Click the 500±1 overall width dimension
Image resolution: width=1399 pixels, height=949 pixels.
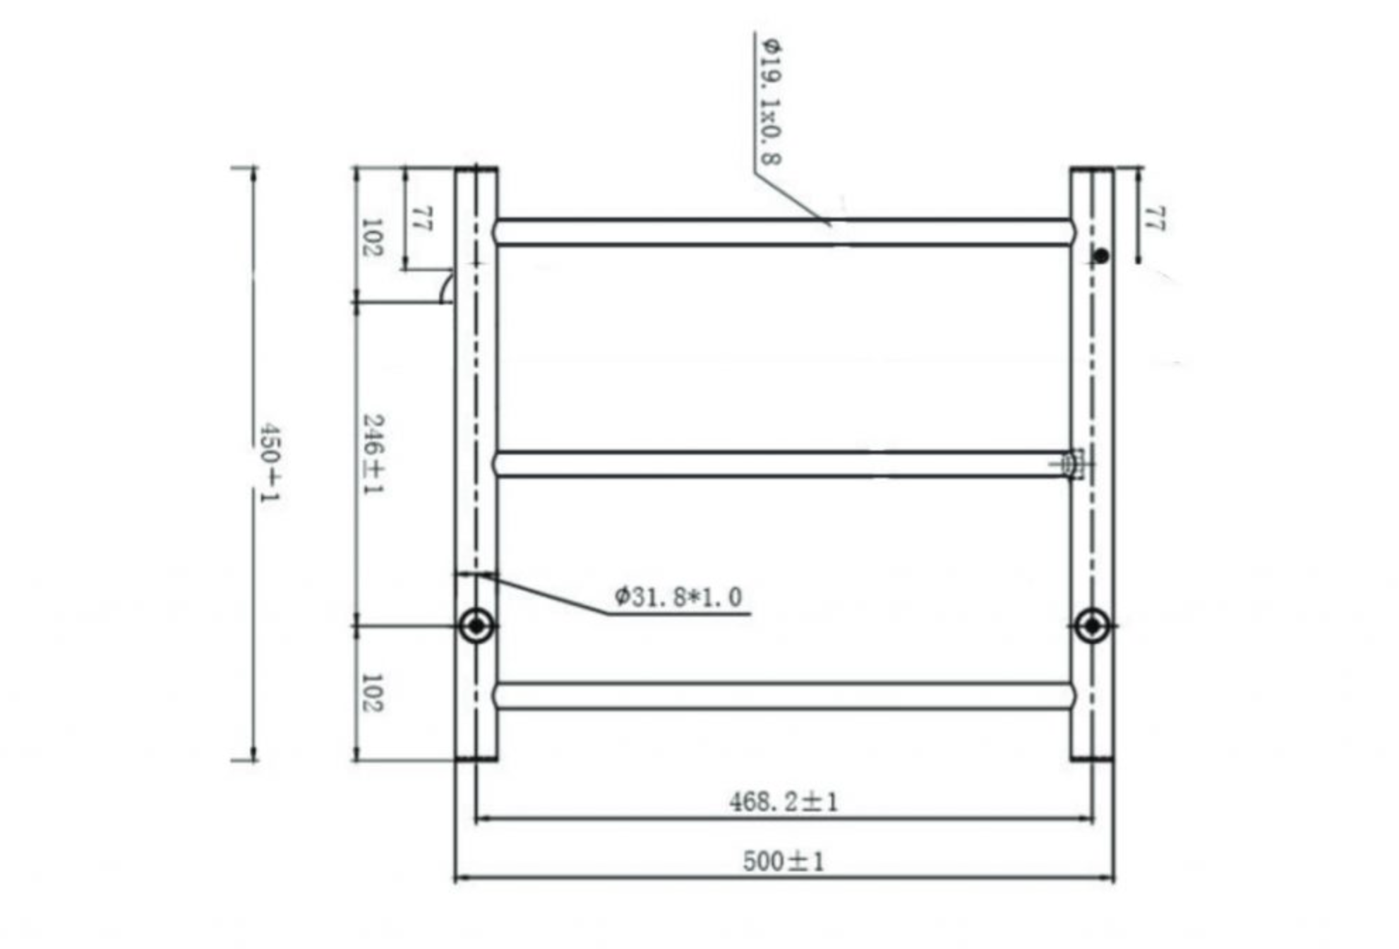[783, 861]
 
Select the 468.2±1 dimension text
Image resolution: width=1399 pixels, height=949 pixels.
[783, 802]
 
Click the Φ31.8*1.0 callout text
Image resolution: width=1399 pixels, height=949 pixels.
[678, 597]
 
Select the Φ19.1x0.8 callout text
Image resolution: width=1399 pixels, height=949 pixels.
[770, 102]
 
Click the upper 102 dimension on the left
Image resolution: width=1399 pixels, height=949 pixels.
[371, 237]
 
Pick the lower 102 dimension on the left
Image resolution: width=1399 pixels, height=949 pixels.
[371, 693]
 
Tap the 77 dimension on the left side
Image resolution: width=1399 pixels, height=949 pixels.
[421, 219]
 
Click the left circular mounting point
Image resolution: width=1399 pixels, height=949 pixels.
[476, 626]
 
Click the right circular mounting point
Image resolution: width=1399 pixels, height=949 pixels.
[1092, 626]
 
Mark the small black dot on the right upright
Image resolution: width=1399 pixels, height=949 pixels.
[1101, 256]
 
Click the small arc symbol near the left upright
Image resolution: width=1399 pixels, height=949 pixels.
[445, 287]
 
